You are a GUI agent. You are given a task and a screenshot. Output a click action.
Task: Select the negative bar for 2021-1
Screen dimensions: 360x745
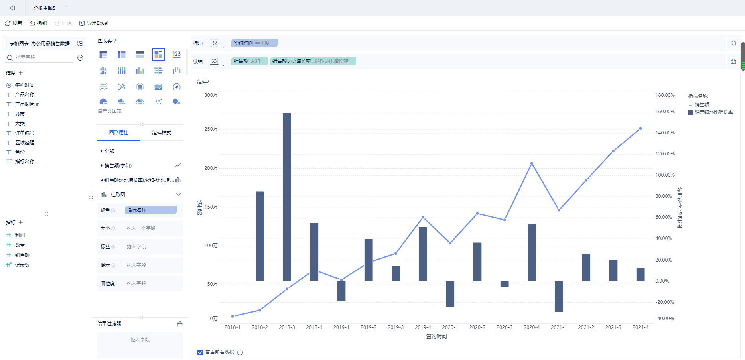(559, 296)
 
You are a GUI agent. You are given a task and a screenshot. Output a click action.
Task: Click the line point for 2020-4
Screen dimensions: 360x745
(532, 163)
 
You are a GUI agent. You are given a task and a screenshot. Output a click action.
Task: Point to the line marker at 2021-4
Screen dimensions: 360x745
(641, 128)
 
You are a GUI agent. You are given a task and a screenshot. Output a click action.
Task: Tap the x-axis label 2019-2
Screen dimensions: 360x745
(369, 327)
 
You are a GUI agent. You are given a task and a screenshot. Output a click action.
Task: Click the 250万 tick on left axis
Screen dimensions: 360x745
(211, 129)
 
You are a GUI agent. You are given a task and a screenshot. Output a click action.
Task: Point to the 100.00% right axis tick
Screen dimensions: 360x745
(665, 175)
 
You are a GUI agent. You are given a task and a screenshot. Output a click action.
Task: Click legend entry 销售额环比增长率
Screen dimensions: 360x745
(713, 112)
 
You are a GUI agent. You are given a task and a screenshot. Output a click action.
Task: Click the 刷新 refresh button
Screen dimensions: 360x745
(14, 23)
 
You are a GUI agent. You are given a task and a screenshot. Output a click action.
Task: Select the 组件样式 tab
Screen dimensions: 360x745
(162, 133)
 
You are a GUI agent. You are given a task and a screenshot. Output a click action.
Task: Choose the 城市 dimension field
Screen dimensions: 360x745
(20, 114)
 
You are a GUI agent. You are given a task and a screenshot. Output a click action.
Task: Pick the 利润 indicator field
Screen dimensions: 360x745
(20, 235)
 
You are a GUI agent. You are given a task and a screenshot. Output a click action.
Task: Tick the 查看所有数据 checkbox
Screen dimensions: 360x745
(200, 352)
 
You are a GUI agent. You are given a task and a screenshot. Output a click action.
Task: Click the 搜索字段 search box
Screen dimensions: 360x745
(44, 58)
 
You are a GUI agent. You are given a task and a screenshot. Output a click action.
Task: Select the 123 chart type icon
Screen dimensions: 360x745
(177, 54)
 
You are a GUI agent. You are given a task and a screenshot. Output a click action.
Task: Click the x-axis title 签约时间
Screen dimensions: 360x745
(436, 337)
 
